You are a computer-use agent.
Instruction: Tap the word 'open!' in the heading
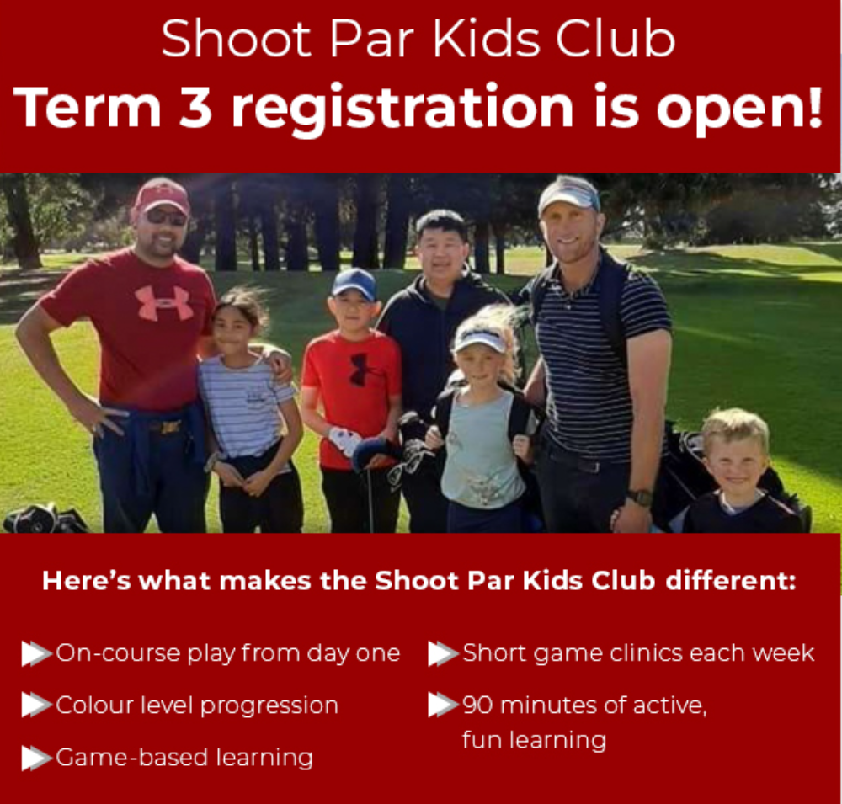pyautogui.click(x=739, y=109)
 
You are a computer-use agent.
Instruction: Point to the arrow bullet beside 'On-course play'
pyautogui.click(x=36, y=653)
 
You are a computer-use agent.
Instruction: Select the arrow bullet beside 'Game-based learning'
pyautogui.click(x=36, y=759)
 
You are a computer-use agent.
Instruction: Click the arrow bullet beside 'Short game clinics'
pyautogui.click(x=444, y=653)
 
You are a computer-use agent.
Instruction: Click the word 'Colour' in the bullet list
pyautogui.click(x=95, y=705)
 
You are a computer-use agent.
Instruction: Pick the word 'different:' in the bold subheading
pyautogui.click(x=731, y=581)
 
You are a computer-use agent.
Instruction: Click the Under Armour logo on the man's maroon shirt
pyautogui.click(x=163, y=302)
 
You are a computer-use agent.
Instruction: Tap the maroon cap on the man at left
pyautogui.click(x=161, y=195)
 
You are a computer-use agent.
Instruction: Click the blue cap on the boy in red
pyautogui.click(x=354, y=283)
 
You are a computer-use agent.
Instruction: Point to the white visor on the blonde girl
pyautogui.click(x=481, y=340)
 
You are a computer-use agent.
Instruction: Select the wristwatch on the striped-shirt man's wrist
pyautogui.click(x=640, y=498)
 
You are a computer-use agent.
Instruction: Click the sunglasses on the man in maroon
pyautogui.click(x=167, y=217)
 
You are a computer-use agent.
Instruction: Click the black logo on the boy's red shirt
pyautogui.click(x=359, y=369)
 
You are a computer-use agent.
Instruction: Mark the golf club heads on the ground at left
pyautogui.click(x=45, y=518)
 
